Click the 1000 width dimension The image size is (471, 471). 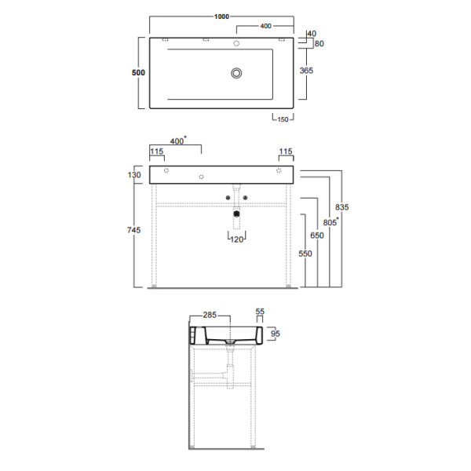point(221,16)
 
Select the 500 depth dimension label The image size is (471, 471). point(138,72)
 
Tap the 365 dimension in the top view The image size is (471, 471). point(306,71)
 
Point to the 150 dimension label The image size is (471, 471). point(283,119)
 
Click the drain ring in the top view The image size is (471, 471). point(237,73)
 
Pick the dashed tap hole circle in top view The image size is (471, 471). point(236,43)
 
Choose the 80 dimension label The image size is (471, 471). point(319,44)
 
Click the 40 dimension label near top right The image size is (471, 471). point(312,34)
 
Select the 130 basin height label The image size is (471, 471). point(134,175)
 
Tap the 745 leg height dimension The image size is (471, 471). point(134,230)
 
